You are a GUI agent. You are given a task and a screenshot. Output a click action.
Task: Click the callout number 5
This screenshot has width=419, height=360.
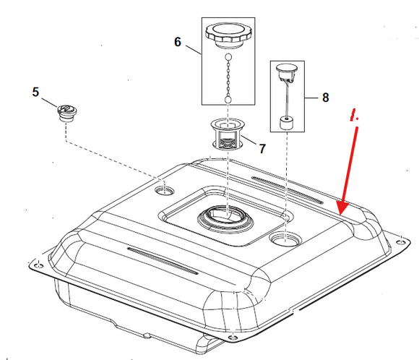point(35,92)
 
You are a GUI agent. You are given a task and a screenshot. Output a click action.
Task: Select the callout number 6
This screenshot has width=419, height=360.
point(178,42)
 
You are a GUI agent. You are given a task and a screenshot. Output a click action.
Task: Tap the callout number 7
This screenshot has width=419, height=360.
point(262,149)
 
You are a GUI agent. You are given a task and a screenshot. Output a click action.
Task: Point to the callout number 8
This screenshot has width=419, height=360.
point(326,98)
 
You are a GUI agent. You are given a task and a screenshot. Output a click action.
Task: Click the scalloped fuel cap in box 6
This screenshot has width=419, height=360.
point(228,35)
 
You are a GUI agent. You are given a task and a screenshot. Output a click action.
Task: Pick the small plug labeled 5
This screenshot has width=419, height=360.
point(66,113)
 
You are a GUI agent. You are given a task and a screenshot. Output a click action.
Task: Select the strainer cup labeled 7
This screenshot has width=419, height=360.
point(228,134)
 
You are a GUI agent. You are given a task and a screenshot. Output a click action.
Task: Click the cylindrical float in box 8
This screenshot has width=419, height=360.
point(287,124)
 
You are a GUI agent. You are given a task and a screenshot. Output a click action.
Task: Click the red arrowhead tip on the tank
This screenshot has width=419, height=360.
point(340,214)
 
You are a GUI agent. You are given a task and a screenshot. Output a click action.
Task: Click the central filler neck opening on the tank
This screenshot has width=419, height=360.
point(225,217)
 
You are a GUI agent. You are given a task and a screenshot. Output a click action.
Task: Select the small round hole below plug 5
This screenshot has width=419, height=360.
point(165,191)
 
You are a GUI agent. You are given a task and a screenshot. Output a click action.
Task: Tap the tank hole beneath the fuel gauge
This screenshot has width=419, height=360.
point(285,239)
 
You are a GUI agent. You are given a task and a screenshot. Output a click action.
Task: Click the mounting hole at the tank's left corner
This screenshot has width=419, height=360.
point(39,265)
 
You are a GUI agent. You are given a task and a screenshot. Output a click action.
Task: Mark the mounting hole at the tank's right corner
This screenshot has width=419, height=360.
point(400,242)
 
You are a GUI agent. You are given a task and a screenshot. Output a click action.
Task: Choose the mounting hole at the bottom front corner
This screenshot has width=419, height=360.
point(233,338)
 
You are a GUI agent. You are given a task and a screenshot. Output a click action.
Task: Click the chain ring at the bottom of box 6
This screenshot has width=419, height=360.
point(228,100)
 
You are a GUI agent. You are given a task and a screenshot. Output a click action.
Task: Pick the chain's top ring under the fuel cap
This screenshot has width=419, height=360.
point(228,57)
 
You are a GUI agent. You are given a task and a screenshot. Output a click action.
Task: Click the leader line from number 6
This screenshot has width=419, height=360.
point(194,50)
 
